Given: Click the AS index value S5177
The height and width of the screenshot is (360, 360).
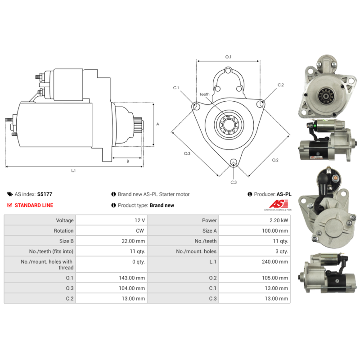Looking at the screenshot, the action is tap(45, 194).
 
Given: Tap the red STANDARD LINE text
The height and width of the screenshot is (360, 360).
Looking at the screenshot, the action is tap(34, 205).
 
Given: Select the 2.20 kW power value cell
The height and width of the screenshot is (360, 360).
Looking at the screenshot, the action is tap(279, 220).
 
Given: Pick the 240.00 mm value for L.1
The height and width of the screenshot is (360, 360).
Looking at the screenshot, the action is tap(275, 262).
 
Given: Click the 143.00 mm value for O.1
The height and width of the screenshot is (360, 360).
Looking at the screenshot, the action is tap(132, 278).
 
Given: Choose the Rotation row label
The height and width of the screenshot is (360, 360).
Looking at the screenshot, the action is tap(63, 231).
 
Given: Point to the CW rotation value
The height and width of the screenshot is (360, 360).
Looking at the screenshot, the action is tap(140, 231).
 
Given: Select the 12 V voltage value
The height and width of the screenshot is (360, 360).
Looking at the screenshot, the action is tap(140, 220).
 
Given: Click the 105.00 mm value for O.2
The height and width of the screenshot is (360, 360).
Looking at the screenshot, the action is tap(275, 278).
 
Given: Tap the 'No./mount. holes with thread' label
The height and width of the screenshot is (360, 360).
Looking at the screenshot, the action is tap(47, 265).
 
